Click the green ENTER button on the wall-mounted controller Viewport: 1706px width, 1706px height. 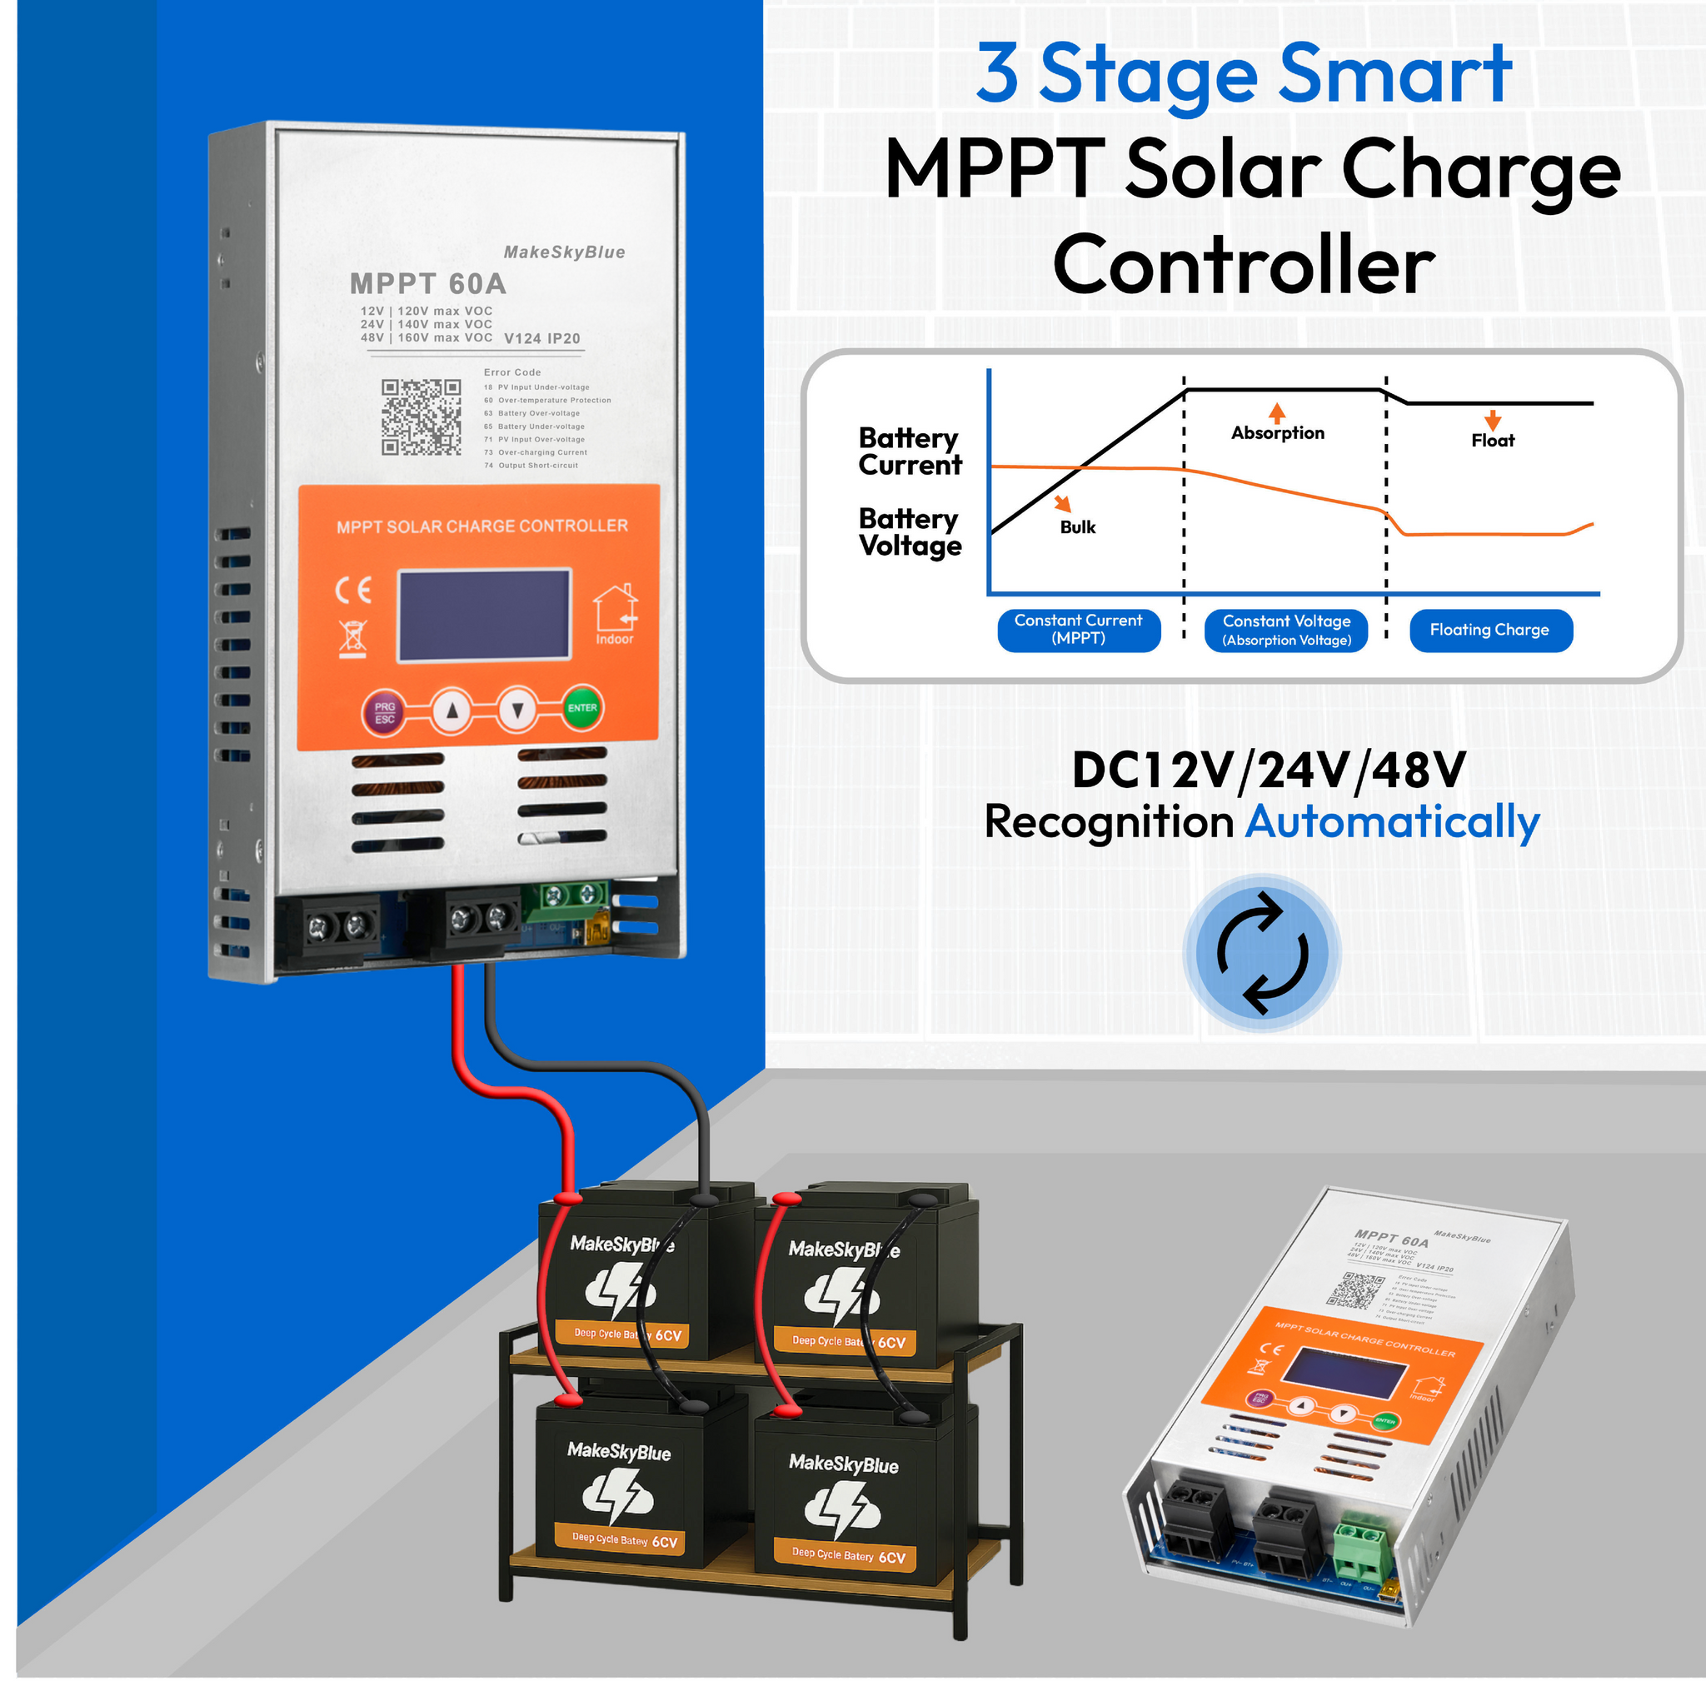[x=582, y=708]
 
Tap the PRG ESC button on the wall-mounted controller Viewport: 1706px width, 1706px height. [x=384, y=712]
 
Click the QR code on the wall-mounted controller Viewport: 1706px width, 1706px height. [x=422, y=417]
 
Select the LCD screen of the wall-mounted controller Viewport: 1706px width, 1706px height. [x=485, y=616]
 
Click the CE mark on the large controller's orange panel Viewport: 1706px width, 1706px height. [x=353, y=590]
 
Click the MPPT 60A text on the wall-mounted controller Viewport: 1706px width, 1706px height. [x=428, y=284]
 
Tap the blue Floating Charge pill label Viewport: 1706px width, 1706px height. [x=1489, y=631]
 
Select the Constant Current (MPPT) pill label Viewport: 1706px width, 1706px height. [x=1078, y=631]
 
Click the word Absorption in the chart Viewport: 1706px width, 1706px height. [x=1278, y=432]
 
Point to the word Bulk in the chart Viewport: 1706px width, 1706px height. [x=1077, y=527]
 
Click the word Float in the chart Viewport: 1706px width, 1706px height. [x=1492, y=441]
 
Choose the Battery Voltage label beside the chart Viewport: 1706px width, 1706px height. [x=910, y=532]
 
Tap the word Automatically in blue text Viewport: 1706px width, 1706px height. [x=1393, y=823]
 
